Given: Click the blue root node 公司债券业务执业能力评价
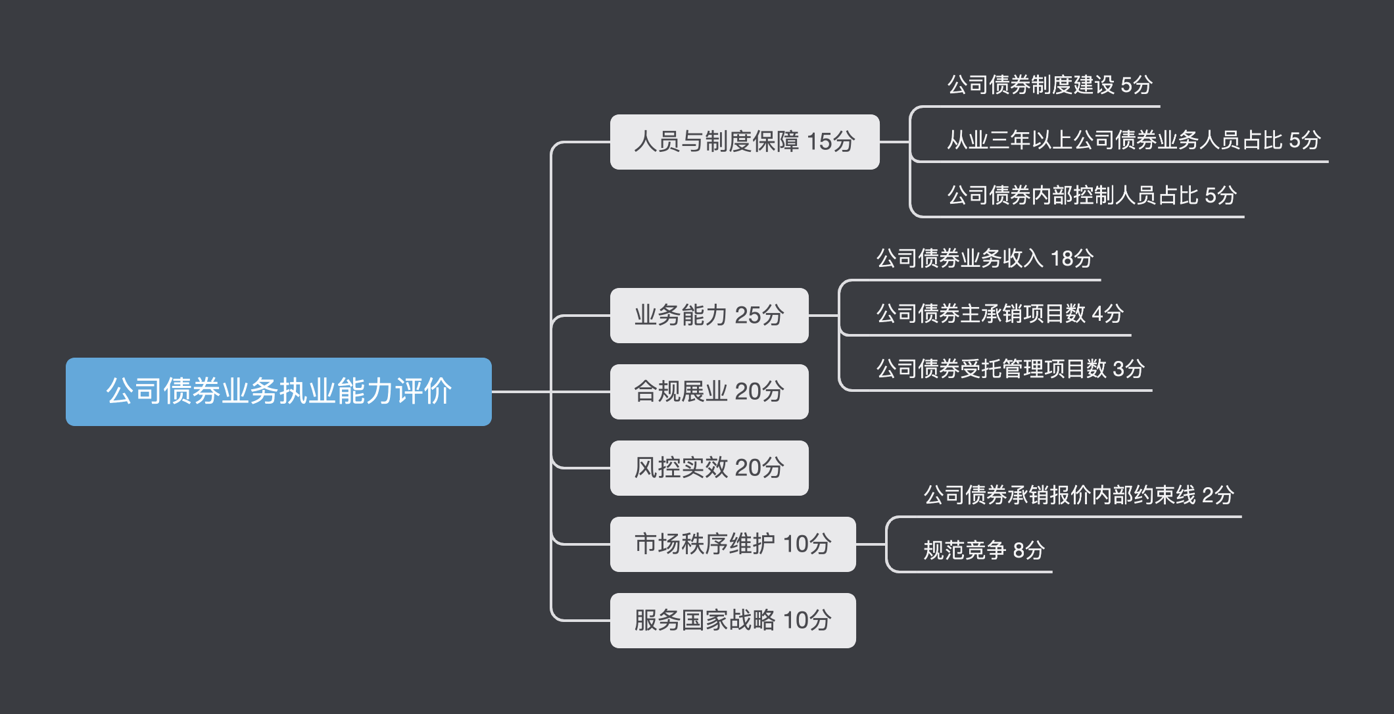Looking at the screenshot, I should [x=278, y=392].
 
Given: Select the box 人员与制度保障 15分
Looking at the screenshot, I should [x=744, y=142].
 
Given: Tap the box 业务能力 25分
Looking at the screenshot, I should [x=709, y=316].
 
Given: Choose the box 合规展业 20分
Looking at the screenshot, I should [x=709, y=392].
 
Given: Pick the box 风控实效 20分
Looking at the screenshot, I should [x=709, y=468].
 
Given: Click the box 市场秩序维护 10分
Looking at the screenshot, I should [x=733, y=544].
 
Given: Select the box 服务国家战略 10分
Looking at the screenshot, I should [x=733, y=621].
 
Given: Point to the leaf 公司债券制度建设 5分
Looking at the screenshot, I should [x=1049, y=85].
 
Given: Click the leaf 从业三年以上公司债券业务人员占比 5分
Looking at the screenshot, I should [x=1133, y=140].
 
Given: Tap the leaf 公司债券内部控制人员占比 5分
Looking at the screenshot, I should [x=1092, y=195].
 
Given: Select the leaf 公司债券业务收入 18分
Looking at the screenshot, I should [x=984, y=258].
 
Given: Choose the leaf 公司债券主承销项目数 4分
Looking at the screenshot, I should [x=999, y=314].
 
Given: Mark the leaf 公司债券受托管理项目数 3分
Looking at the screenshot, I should [x=1010, y=369].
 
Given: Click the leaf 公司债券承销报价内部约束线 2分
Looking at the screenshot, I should [x=1078, y=495].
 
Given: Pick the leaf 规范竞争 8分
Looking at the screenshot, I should [x=984, y=550].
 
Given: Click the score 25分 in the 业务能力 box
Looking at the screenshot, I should [x=759, y=316].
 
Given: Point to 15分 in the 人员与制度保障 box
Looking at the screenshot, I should [x=830, y=142].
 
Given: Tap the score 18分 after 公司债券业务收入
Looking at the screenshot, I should [x=1072, y=258].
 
